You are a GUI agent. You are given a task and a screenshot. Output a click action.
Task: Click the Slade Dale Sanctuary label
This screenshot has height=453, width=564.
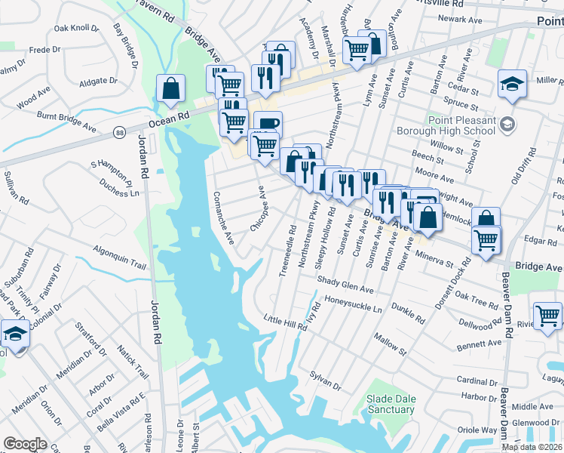point(391,404)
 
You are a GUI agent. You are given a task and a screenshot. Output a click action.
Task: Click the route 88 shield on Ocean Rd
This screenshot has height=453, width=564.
point(121,132)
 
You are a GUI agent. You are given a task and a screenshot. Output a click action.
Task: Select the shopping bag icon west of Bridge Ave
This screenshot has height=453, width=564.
point(171,88)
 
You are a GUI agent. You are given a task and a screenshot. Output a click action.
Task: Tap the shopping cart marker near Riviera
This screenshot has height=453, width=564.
point(547,316)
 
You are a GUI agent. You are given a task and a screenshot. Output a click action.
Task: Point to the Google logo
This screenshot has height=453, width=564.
point(25,444)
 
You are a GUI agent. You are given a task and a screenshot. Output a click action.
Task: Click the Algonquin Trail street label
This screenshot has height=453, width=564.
point(119,257)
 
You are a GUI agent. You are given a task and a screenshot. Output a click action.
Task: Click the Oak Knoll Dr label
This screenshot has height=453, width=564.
point(76,29)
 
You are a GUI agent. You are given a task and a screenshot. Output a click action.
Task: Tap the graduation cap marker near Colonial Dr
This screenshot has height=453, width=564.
point(15,333)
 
